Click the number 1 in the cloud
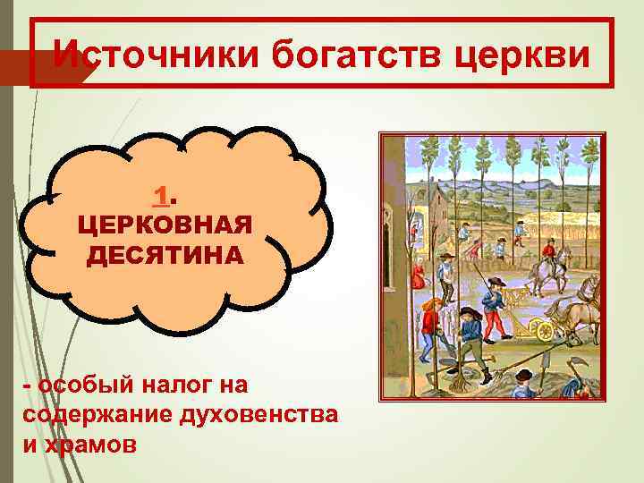(162, 194)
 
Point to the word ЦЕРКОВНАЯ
(164, 225)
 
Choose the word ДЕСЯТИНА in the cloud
(164, 255)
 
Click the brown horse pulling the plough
(581, 309)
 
